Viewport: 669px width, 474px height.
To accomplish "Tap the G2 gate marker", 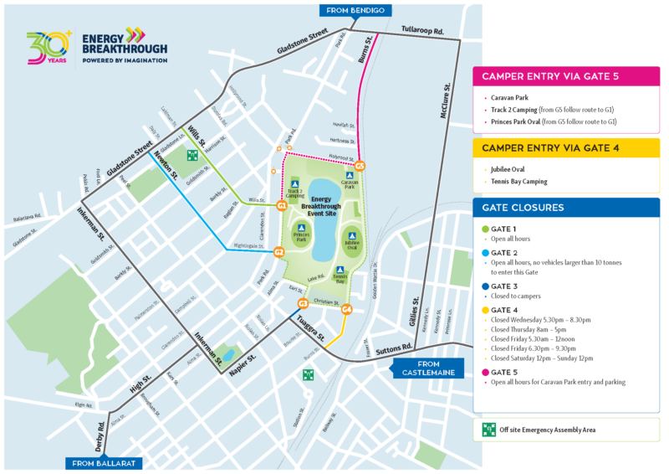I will pos(279,251).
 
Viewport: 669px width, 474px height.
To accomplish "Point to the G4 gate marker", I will pos(346,310).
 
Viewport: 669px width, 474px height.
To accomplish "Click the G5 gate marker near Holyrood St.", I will pos(360,166).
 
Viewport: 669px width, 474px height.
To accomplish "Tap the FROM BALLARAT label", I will pos(102,462).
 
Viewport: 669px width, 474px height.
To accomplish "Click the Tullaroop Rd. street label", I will pos(423,29).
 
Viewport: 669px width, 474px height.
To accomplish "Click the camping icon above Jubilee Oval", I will pos(352,236).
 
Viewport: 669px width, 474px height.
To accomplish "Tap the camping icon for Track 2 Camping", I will pos(294,183).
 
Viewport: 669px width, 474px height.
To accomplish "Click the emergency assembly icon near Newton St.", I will pos(193,156).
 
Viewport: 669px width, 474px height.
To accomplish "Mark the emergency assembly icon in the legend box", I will pos(488,430).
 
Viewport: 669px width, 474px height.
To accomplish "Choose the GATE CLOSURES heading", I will pos(523,207).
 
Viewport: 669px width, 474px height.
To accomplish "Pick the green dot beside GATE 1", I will pos(485,229).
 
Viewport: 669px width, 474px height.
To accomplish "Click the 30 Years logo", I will pos(49,49).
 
